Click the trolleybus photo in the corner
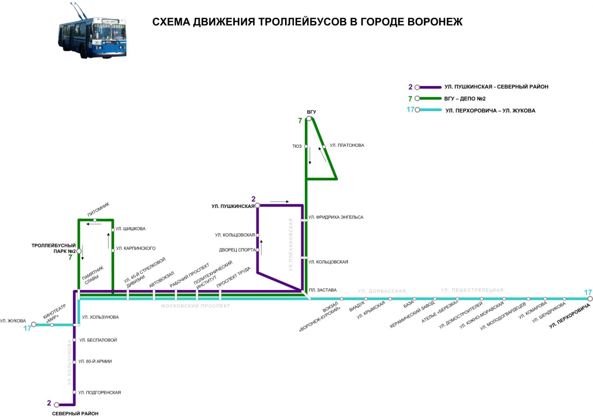pos(91,31)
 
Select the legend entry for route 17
pos(490,110)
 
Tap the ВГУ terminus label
pos(311,112)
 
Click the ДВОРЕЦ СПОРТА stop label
pos(237,250)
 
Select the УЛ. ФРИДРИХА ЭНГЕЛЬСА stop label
pos(336,217)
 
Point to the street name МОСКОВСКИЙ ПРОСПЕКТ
pos(195,306)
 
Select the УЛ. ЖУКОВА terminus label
pos(12,321)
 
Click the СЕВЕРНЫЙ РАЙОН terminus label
pos(76,413)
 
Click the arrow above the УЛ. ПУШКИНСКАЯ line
pos(280,201)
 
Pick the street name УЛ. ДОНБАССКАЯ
pos(382,291)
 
